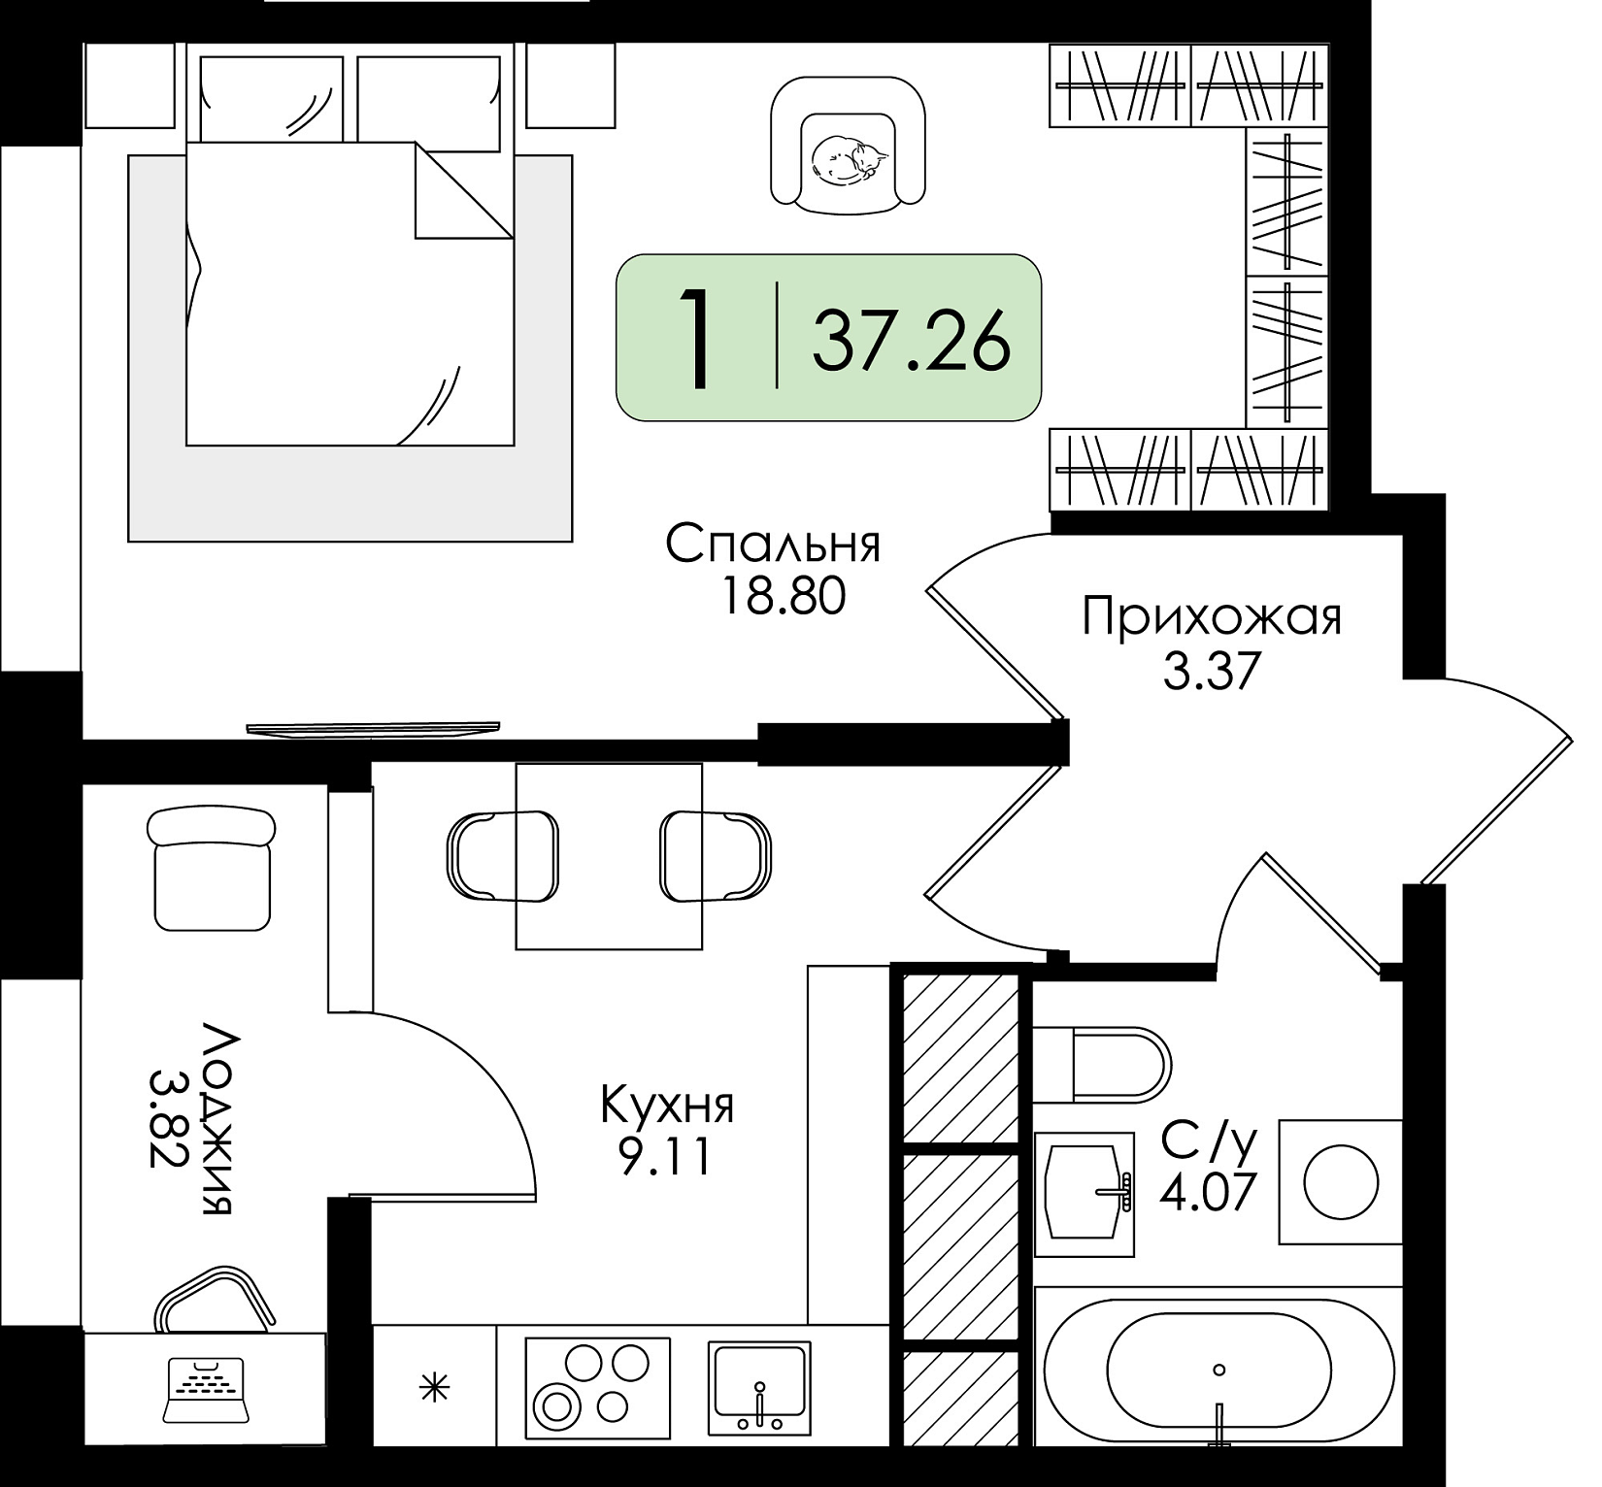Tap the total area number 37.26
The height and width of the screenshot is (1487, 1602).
912,340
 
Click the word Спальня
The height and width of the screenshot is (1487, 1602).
773,545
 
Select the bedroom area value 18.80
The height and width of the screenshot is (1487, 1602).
782,596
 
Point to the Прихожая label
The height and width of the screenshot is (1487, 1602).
1212,617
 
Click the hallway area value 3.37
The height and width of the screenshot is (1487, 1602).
1211,670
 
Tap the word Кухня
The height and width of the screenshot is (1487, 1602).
667,1106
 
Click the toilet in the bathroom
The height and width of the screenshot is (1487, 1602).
1102,1063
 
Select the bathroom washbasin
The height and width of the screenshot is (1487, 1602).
1085,1194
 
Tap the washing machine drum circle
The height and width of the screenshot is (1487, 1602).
1341,1182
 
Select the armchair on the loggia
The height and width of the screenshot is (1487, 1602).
211,869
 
